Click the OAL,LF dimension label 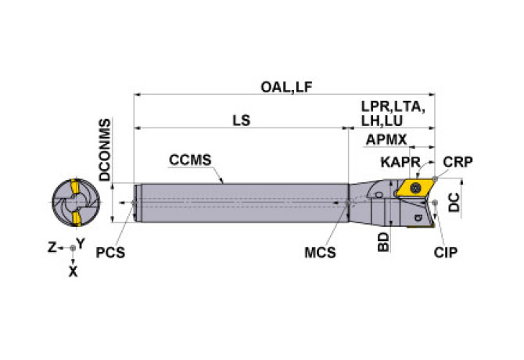(286, 87)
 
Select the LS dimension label (242, 121)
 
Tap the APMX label (386, 139)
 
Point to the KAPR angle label (400, 162)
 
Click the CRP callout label (458, 162)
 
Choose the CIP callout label (446, 252)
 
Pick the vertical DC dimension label (454, 202)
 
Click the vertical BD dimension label (383, 242)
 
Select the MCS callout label (320, 252)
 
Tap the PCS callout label (110, 252)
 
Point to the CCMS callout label (190, 160)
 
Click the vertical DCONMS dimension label (105, 149)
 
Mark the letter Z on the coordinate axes (52, 247)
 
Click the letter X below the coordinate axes (73, 272)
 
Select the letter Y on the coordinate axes (81, 243)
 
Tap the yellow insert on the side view (415, 188)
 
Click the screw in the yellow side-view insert (415, 188)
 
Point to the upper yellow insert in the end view (75, 187)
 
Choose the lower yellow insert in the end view (77, 218)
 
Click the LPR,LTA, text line (393, 106)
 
